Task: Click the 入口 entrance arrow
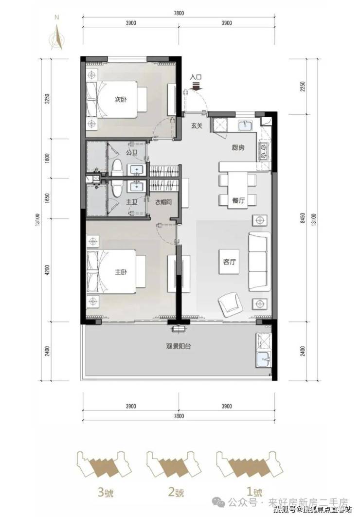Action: tap(196, 86)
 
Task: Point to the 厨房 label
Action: tap(238, 147)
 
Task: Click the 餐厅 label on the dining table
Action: tap(238, 200)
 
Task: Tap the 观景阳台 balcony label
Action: tap(179, 346)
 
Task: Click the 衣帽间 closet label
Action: tap(163, 202)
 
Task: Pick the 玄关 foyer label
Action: tap(197, 125)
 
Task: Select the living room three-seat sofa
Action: tap(259, 262)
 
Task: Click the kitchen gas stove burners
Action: tap(263, 151)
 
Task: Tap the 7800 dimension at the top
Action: tap(179, 13)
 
